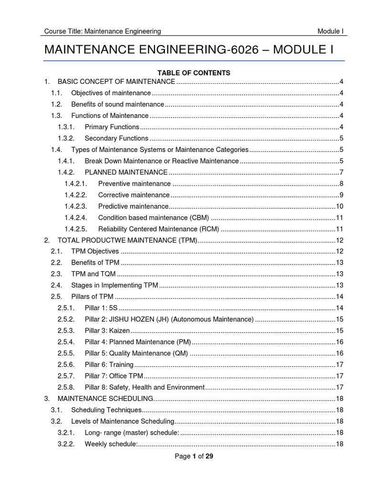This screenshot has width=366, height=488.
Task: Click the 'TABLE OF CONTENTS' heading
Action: pyautogui.click(x=194, y=73)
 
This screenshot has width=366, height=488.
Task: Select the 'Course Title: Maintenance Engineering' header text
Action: pyautogui.click(x=102, y=31)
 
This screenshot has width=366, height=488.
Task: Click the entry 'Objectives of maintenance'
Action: pyautogui.click(x=111, y=93)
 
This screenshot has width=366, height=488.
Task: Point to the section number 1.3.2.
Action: pyautogui.click(x=70, y=138)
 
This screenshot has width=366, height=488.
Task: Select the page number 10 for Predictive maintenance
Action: pyautogui.click(x=340, y=206)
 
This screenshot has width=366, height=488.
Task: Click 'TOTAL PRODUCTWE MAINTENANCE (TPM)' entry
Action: pyautogui.click(x=127, y=240)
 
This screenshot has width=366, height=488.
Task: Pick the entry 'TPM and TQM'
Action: pyautogui.click(x=93, y=274)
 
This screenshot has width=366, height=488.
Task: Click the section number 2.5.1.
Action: pyautogui.click(x=66, y=308)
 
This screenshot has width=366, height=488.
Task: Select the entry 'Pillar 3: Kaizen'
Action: pyautogui.click(x=107, y=331)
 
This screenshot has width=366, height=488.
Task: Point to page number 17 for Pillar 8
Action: pyautogui.click(x=340, y=387)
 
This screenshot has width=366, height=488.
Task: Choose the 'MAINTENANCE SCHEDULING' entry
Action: pyautogui.click(x=105, y=398)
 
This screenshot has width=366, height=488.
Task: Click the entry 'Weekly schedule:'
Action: pyautogui.click(x=111, y=444)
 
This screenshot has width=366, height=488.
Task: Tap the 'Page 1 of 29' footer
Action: pyautogui.click(x=194, y=456)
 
